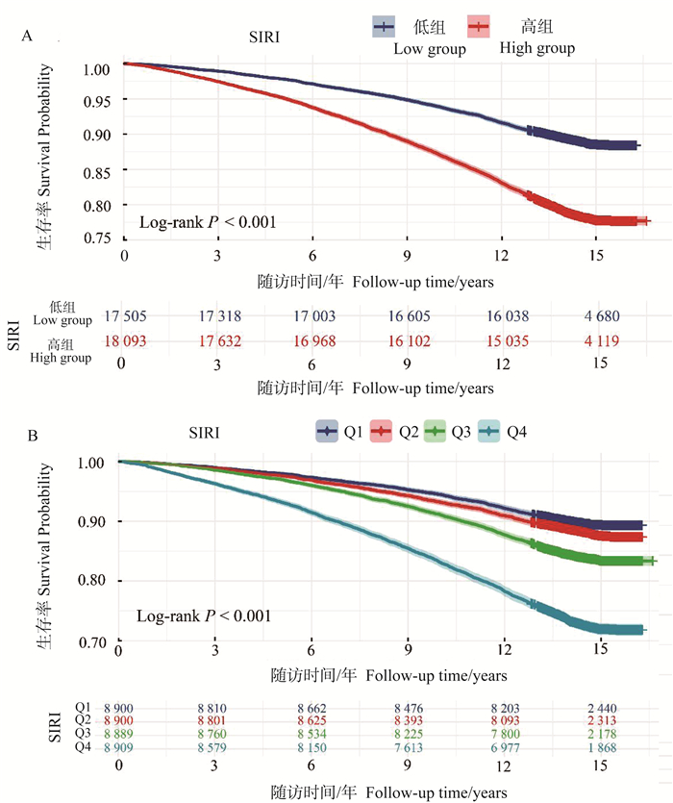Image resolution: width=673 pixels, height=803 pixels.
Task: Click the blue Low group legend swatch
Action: click(386, 27)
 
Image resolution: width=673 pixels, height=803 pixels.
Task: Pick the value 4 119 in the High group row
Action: click(598, 339)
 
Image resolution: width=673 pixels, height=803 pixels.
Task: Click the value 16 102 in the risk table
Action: click(409, 339)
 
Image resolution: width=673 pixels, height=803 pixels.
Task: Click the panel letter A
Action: click(28, 38)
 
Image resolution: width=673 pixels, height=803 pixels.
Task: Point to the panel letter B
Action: click(33, 436)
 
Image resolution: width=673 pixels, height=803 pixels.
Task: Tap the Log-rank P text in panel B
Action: click(202, 615)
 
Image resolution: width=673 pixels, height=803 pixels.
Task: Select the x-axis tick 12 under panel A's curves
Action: click(502, 257)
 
